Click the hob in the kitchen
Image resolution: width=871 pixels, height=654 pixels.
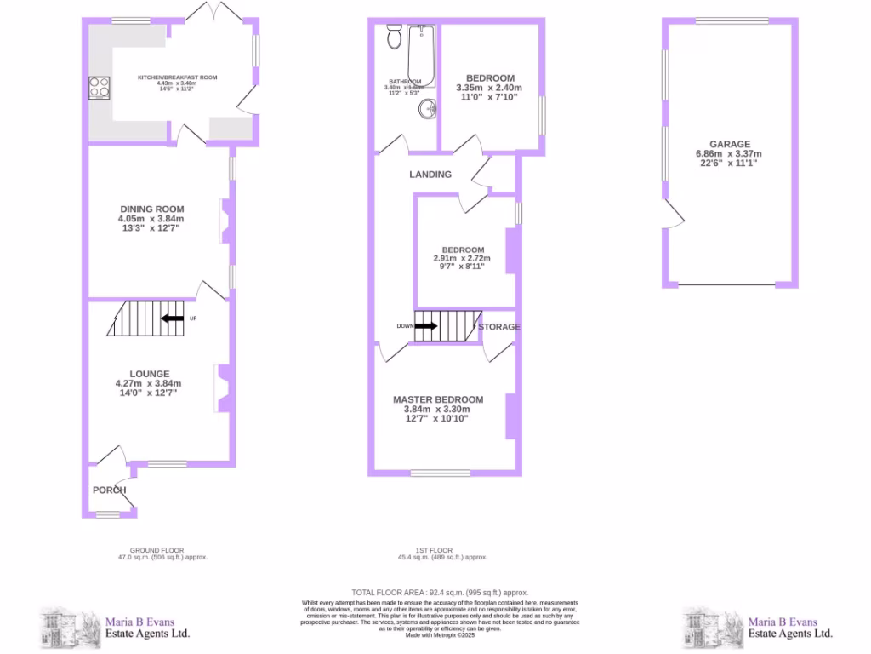coord(100,88)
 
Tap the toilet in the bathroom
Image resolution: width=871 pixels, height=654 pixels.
coord(394,37)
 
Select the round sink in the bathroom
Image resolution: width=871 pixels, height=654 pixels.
coord(430,108)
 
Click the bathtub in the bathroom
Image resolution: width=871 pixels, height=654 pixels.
coord(421,55)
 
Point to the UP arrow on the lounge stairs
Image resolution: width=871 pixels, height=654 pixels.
coord(173,318)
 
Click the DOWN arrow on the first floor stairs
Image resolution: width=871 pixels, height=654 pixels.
coord(426,325)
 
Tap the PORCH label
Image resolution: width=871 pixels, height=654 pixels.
coord(110,490)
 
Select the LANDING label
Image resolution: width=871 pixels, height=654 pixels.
coord(430,174)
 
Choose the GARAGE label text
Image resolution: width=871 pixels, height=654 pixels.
coord(731,145)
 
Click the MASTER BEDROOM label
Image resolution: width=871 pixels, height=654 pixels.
coord(438,399)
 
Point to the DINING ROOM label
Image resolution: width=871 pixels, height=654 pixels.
coord(151,209)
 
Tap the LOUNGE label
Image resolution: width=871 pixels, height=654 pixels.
coord(149,374)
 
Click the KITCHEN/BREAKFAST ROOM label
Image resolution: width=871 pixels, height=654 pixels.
coord(178,77)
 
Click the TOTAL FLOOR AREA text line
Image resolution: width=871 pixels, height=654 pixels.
coord(440,592)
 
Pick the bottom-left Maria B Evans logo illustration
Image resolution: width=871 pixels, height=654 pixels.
coord(66,628)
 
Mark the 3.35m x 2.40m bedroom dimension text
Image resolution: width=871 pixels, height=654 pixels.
coord(488,88)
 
